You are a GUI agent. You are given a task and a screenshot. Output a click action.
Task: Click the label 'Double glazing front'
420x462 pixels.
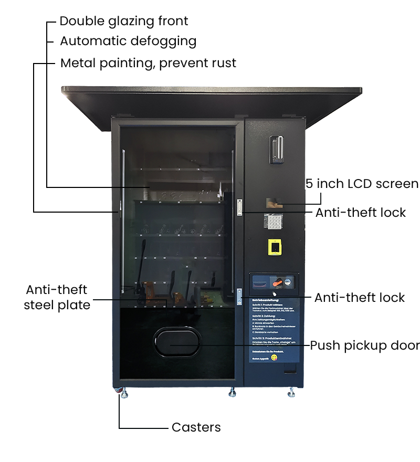(124, 21)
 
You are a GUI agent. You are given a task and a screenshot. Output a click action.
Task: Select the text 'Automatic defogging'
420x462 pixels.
(128, 41)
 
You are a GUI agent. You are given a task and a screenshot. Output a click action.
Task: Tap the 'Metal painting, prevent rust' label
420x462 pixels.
(148, 63)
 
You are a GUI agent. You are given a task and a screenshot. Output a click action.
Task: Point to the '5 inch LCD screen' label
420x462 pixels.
(362, 184)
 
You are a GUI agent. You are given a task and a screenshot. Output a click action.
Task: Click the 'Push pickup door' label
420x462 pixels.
(365, 345)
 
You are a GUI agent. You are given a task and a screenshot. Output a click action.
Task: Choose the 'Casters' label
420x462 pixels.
(196, 427)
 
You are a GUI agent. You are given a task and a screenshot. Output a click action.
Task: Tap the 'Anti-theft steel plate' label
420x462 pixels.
(57, 297)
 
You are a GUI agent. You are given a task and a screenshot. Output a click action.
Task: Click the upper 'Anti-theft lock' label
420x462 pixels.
(360, 213)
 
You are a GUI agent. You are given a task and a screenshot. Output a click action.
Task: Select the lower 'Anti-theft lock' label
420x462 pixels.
(360, 298)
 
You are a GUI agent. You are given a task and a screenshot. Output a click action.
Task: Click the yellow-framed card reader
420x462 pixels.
(274, 246)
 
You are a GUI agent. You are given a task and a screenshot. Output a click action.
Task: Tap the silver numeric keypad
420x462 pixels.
(274, 223)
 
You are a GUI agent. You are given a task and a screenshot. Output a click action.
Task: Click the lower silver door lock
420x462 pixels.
(239, 295)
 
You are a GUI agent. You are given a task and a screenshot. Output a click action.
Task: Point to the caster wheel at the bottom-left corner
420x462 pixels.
(123, 393)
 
